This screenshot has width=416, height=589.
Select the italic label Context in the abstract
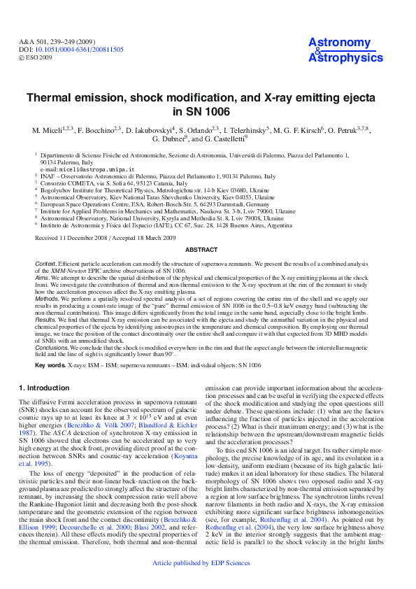point(46,263)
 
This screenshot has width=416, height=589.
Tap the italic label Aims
point(43,278)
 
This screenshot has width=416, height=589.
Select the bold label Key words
point(50,365)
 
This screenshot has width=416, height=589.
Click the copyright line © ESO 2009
point(36,57)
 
